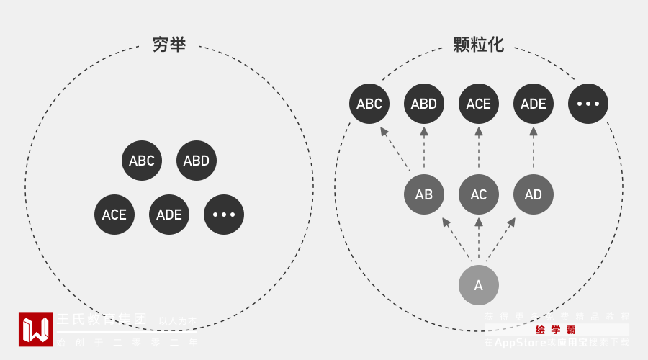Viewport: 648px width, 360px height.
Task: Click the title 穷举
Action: tap(169, 45)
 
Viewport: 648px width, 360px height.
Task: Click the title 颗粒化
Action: tap(478, 45)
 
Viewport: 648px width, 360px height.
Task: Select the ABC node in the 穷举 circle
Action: tap(142, 161)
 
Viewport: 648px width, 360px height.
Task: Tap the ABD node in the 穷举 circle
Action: tap(196, 161)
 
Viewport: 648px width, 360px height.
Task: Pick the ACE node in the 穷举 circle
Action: tap(114, 215)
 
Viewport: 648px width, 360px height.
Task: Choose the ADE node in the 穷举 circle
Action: tap(169, 215)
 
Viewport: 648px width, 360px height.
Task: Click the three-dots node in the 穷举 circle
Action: tap(224, 215)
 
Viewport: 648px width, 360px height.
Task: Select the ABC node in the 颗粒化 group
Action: tap(369, 104)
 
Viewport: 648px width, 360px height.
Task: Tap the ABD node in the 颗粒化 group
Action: tap(424, 104)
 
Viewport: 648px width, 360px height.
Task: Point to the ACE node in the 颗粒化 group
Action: tap(479, 104)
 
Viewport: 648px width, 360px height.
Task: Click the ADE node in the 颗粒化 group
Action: tap(534, 104)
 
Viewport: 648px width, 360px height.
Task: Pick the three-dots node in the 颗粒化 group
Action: tap(588, 104)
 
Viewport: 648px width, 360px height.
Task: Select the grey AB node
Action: tap(424, 194)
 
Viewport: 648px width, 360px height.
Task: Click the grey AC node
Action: tap(479, 194)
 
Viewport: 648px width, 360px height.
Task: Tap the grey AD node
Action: tap(534, 194)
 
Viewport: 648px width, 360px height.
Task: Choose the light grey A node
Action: tap(479, 285)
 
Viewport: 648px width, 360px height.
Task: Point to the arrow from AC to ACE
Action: tap(479, 149)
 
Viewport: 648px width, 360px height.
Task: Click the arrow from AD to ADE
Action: tap(534, 149)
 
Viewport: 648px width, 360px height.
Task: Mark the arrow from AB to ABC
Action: tap(395, 149)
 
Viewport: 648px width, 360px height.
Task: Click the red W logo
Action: tap(36, 329)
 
